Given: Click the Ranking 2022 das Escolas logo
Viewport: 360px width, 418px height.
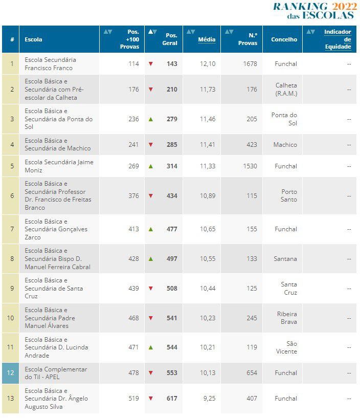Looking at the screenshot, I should tap(314, 11).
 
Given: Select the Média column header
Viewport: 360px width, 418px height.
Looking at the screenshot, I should tap(207, 39).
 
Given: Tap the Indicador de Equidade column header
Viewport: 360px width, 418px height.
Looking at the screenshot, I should tap(337, 39).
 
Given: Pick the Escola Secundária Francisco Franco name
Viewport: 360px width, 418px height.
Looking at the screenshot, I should tap(50, 64).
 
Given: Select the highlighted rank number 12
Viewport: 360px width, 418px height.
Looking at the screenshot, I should tap(11, 373).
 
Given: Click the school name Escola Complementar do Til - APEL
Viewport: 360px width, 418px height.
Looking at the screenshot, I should tap(56, 373).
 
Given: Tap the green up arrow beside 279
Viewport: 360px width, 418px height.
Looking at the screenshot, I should tap(151, 119).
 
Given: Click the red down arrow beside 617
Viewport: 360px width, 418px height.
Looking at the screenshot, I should tap(151, 399).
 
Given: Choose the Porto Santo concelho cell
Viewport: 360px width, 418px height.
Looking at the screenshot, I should tap(288, 195).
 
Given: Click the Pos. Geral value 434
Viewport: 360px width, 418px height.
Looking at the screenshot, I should tap(171, 196).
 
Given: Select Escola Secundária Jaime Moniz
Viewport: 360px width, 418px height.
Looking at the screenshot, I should tap(59, 166).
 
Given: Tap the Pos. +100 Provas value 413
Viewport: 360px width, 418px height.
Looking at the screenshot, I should tap(133, 229).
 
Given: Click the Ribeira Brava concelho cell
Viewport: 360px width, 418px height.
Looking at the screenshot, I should tap(287, 318).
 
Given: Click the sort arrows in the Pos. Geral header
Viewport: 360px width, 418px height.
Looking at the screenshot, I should tap(152, 32).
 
